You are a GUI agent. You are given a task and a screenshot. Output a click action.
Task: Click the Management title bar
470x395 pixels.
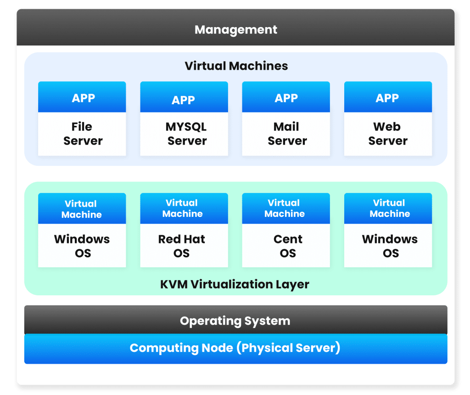[x=235, y=30]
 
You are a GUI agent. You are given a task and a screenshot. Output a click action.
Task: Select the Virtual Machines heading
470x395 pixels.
[x=236, y=66]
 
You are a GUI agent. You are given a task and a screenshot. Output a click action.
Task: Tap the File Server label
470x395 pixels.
[x=83, y=134]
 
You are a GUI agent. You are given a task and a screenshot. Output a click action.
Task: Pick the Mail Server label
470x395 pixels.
[x=287, y=134]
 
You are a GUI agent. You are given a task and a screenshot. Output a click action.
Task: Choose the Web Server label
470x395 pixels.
[x=387, y=134]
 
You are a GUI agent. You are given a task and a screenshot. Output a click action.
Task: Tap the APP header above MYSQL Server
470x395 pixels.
[x=183, y=100]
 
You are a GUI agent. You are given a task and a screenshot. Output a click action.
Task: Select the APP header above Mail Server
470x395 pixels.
[x=286, y=98]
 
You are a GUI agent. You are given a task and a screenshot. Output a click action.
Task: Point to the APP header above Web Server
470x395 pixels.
[x=387, y=98]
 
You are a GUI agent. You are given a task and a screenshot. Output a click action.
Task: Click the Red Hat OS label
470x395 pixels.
[x=182, y=246]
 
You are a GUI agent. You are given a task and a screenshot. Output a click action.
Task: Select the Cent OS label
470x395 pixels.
[x=288, y=246]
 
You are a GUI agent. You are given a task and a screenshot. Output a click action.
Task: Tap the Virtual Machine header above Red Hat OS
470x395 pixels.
[x=182, y=208]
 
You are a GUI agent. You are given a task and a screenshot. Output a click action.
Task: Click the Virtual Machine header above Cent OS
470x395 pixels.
[x=284, y=208]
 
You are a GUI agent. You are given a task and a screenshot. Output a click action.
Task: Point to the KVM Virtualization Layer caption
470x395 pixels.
[x=235, y=284]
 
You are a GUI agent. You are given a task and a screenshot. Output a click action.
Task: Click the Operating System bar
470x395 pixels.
[x=235, y=321]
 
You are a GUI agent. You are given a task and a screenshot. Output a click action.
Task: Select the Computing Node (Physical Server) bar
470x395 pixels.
[x=235, y=348]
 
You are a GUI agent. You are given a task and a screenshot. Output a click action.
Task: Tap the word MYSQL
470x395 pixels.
[x=186, y=127]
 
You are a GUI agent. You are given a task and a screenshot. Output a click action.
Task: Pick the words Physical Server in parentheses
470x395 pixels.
[x=288, y=348]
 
